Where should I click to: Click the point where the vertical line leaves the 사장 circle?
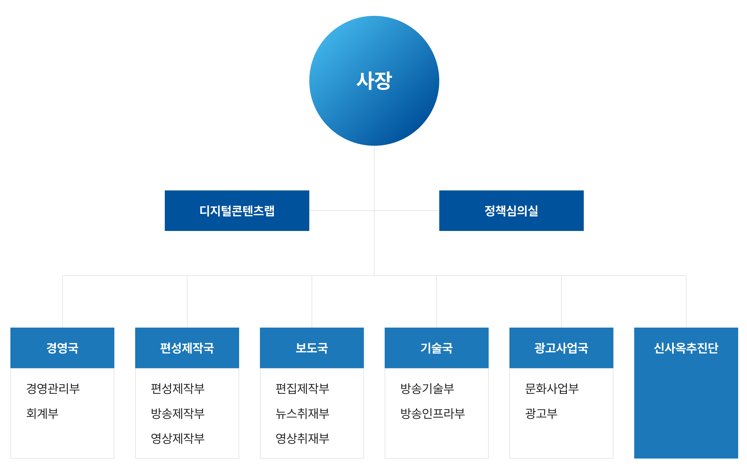[374, 146]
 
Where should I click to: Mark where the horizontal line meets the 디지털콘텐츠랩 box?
[309, 210]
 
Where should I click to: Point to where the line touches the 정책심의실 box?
[439, 210]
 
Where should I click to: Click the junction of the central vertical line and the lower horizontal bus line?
[374, 276]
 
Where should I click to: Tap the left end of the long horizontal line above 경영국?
[62, 276]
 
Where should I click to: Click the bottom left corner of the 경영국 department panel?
[11, 458]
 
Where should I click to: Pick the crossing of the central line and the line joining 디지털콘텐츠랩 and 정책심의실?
[374, 210]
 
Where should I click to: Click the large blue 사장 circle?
[374, 81]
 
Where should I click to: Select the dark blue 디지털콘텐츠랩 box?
[237, 210]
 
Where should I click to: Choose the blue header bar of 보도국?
[312, 348]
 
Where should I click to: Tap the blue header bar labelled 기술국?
[436, 348]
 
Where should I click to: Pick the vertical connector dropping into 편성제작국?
[187, 302]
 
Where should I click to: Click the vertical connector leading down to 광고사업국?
[561, 302]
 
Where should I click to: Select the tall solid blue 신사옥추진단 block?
[686, 393]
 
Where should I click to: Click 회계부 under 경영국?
[42, 413]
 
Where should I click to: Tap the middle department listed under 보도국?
[303, 413]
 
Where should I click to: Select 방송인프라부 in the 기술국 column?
[433, 413]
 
